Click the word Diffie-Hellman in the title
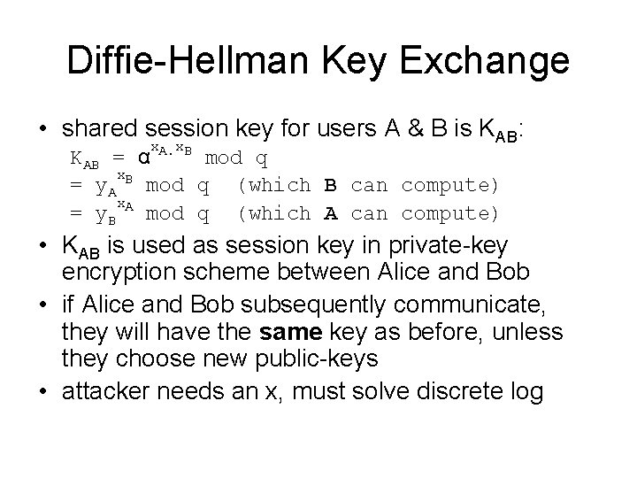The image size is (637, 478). coord(180,63)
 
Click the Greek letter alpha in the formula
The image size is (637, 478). coord(142,159)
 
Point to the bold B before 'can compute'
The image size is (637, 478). coord(331,186)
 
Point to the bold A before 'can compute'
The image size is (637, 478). coord(331,213)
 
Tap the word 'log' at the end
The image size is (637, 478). coord(526,392)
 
